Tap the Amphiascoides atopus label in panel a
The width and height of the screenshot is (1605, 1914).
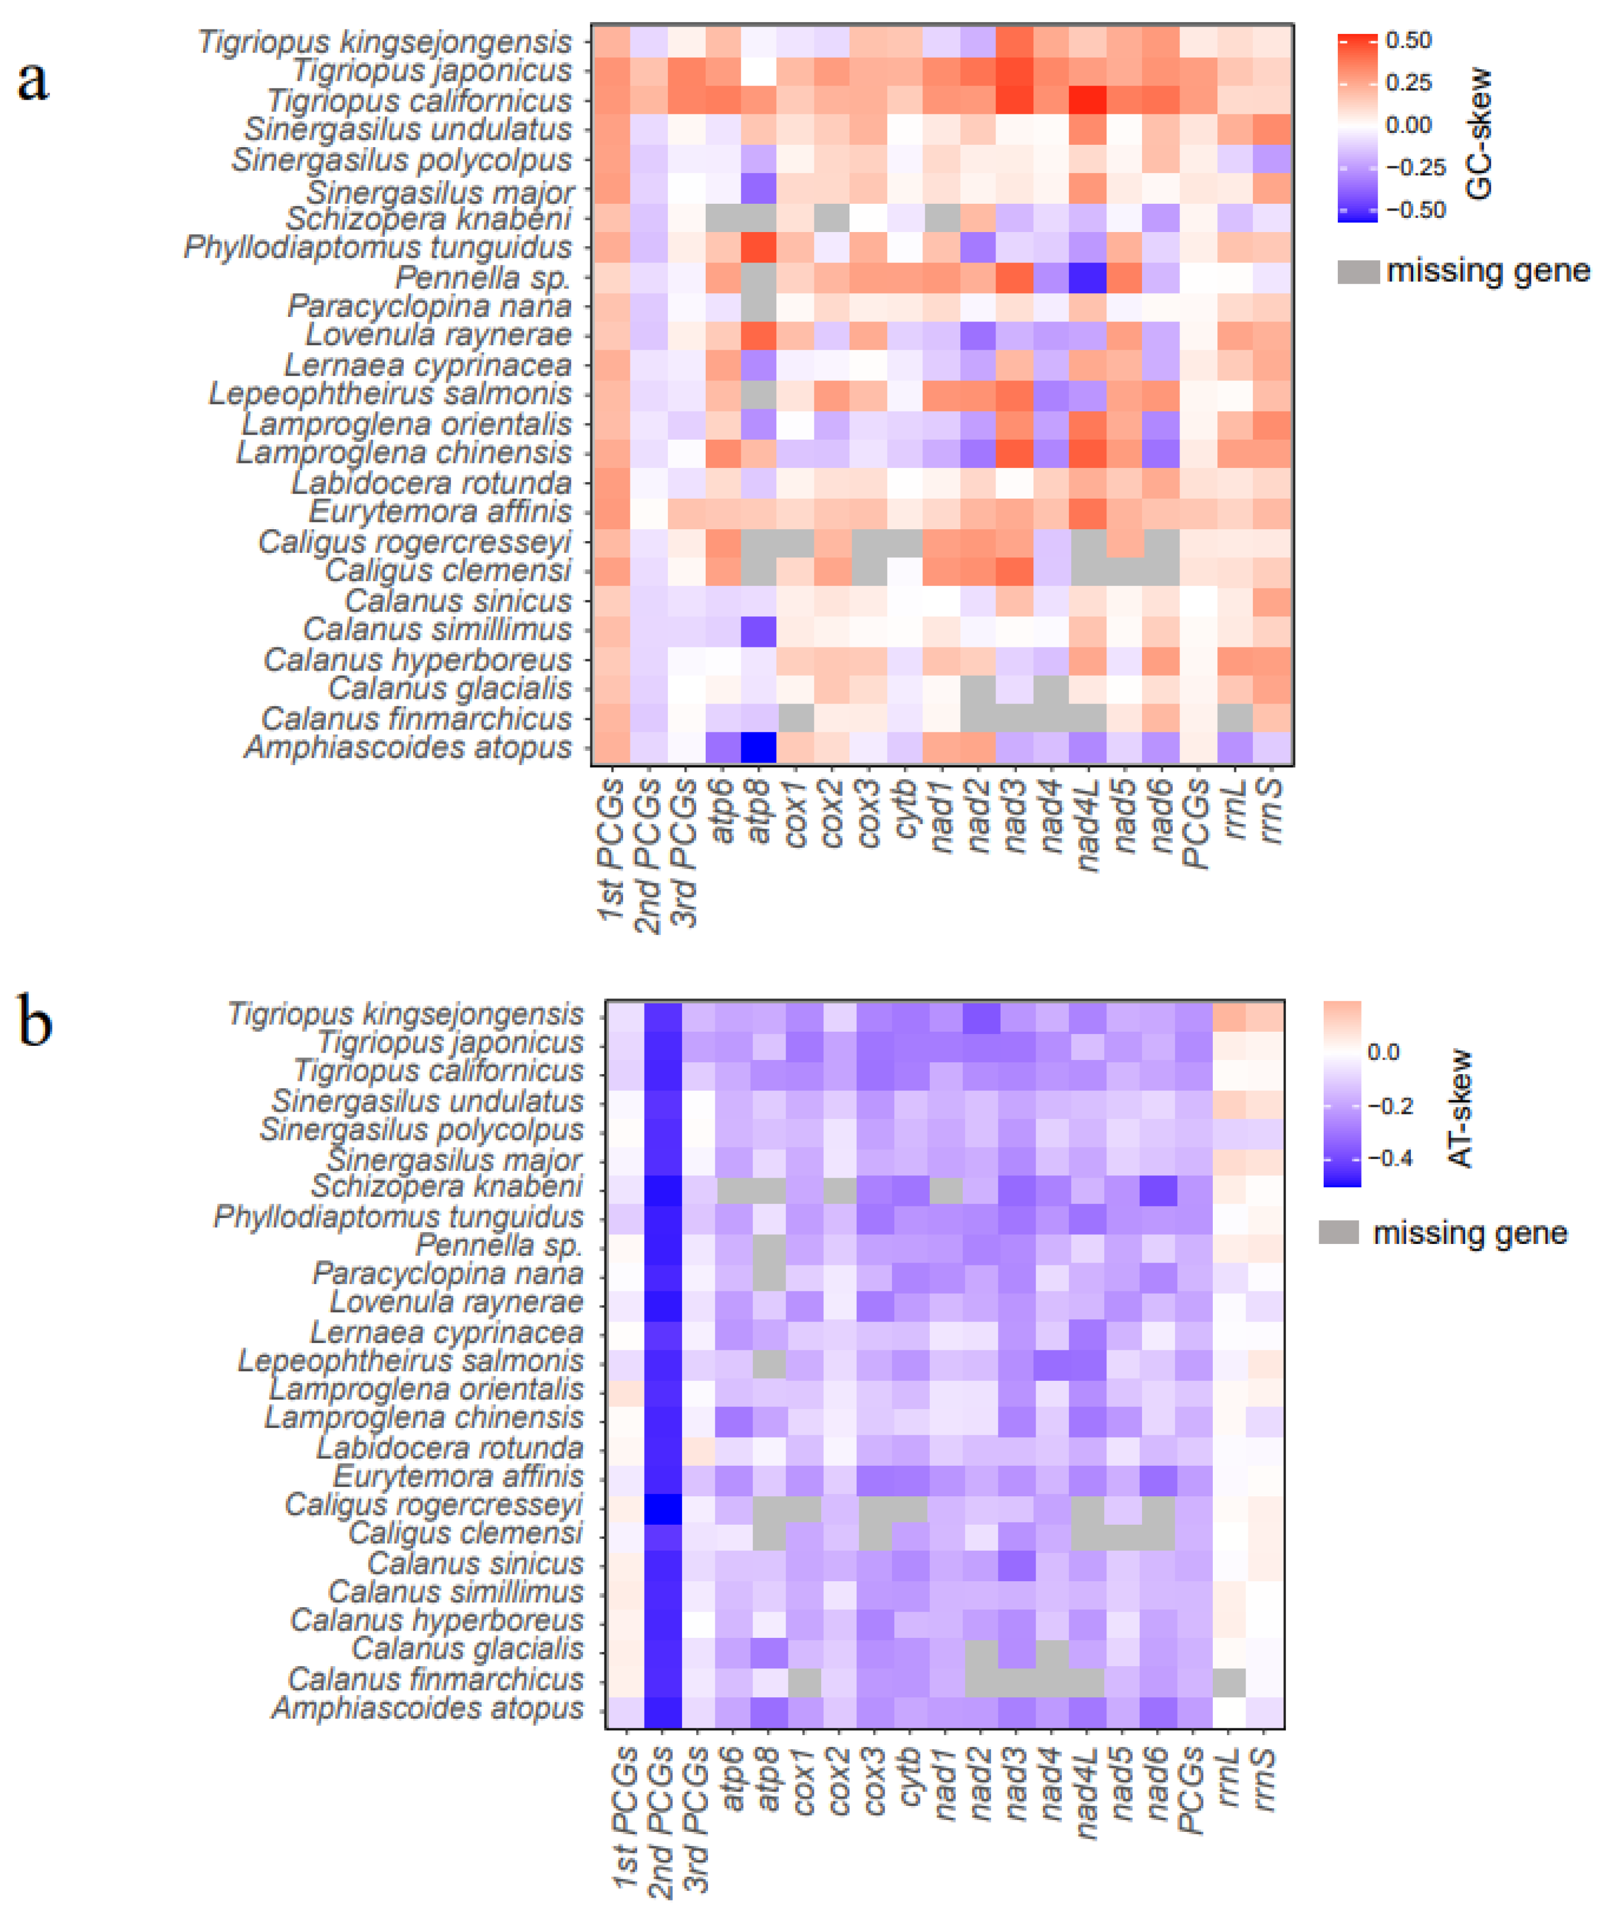pyautogui.click(x=407, y=748)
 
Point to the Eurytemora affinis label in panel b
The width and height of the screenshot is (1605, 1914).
pyautogui.click(x=457, y=1477)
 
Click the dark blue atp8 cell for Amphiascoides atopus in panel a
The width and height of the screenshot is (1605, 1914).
pyautogui.click(x=758, y=748)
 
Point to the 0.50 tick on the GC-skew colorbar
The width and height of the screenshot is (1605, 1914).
pyautogui.click(x=1408, y=41)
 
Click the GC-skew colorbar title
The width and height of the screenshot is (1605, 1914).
pyautogui.click(x=1479, y=133)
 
